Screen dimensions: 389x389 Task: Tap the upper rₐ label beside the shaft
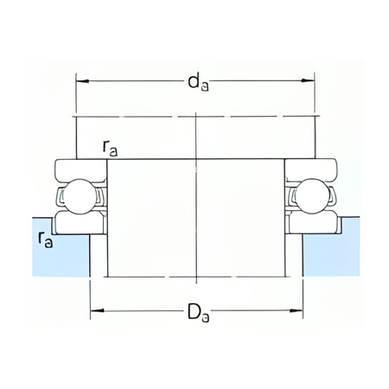click(110, 149)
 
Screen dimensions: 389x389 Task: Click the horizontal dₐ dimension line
click(138, 82)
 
